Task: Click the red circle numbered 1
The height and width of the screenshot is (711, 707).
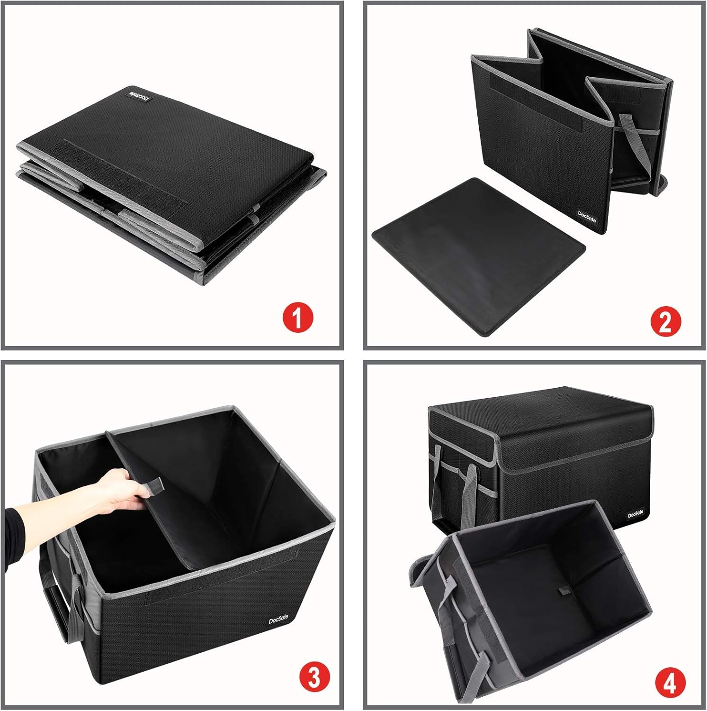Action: (298, 318)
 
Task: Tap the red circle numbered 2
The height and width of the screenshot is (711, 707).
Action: (665, 322)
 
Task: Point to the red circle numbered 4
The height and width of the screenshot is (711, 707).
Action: (671, 683)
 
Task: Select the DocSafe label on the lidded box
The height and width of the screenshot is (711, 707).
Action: (635, 515)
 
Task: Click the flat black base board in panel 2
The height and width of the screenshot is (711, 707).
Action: (478, 256)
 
